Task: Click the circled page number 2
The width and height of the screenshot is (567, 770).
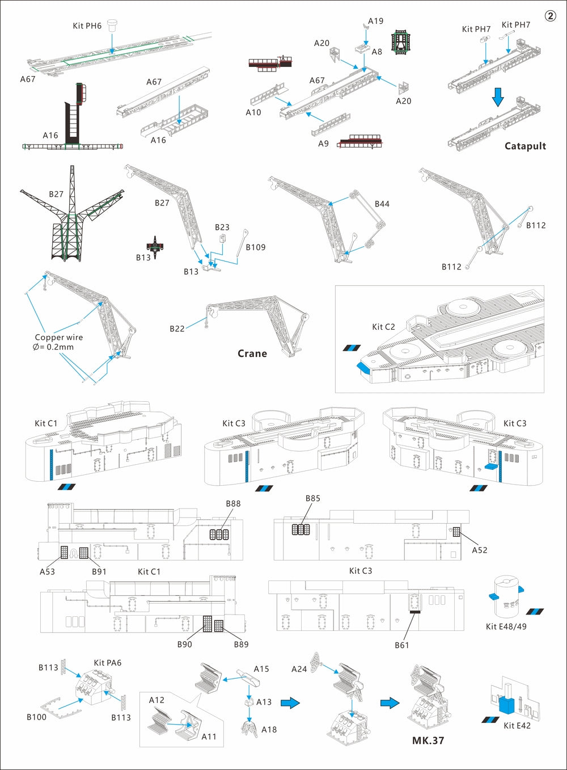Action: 550,16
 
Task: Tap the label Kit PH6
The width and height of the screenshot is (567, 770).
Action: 87,26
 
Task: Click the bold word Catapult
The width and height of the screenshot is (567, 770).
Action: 525,146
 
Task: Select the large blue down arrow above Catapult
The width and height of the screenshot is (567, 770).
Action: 498,96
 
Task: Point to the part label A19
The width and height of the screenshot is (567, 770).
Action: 375,21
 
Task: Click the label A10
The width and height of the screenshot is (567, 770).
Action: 253,112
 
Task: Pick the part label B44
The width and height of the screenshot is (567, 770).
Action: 382,204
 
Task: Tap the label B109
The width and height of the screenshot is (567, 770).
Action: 255,247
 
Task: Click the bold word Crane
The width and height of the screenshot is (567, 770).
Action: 252,353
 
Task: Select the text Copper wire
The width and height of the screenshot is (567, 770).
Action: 59,337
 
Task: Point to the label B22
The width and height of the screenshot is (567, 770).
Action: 177,329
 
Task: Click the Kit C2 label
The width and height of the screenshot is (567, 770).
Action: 383,327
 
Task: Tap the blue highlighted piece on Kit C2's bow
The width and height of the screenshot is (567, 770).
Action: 363,367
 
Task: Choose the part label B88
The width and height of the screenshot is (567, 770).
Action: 233,503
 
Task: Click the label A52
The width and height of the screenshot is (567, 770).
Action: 479,550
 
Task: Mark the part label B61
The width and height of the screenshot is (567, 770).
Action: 402,645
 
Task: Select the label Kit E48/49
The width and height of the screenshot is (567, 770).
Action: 506,626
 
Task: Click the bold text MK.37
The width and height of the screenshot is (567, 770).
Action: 428,740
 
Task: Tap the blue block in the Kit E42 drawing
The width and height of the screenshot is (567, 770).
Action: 506,704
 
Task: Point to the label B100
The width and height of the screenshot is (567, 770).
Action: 36,717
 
